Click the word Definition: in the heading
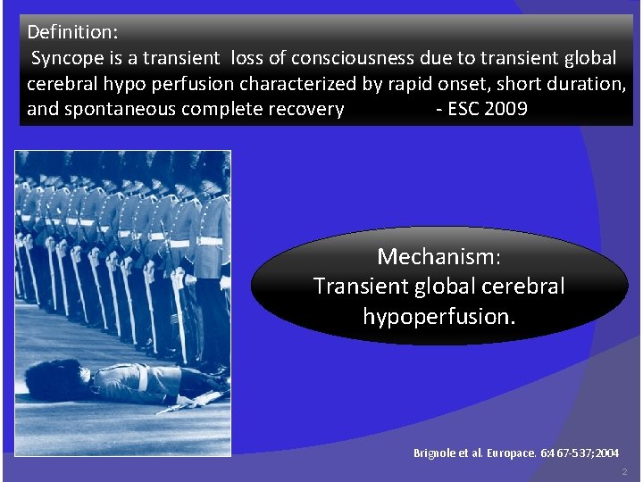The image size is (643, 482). tap(72, 32)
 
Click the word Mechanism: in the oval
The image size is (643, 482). tap(438, 257)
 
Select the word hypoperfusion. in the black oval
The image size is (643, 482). tap(438, 316)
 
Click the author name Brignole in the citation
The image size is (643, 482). tap(435, 453)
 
